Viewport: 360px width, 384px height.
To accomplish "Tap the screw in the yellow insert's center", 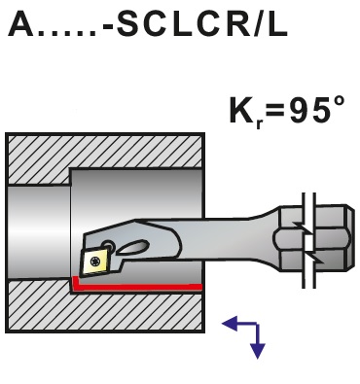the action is coord(95,258).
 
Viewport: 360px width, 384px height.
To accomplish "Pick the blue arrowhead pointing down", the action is coord(257,350).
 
